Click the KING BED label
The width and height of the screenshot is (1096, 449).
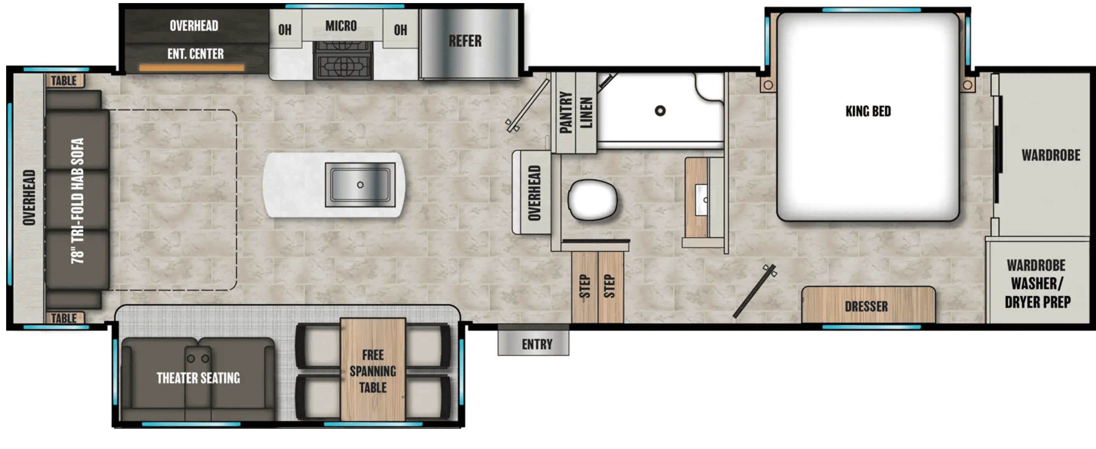pos(868,111)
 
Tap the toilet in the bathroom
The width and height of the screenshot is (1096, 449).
pos(592,200)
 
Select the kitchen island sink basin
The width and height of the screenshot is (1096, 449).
pos(360,185)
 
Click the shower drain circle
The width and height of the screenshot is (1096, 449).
pos(660,111)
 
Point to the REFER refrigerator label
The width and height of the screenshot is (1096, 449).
pos(465,41)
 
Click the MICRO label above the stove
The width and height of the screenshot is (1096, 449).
pos(341,26)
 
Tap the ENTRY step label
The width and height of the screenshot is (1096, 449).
pos(537,344)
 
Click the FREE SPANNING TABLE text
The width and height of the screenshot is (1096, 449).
pos(373,371)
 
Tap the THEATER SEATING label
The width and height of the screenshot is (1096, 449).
pos(198,378)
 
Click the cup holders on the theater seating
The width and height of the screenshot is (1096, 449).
pos(198,358)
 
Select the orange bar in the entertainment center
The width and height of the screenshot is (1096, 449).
pos(192,67)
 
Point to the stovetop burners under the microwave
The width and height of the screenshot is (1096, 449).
pos(343,60)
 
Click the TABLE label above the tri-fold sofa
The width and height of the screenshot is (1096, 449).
pos(64,80)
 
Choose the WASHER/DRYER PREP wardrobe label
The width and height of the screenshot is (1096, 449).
pos(1037,292)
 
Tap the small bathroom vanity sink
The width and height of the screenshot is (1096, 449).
pos(701,200)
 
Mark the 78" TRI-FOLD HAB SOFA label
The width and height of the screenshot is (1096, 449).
pos(78,201)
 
